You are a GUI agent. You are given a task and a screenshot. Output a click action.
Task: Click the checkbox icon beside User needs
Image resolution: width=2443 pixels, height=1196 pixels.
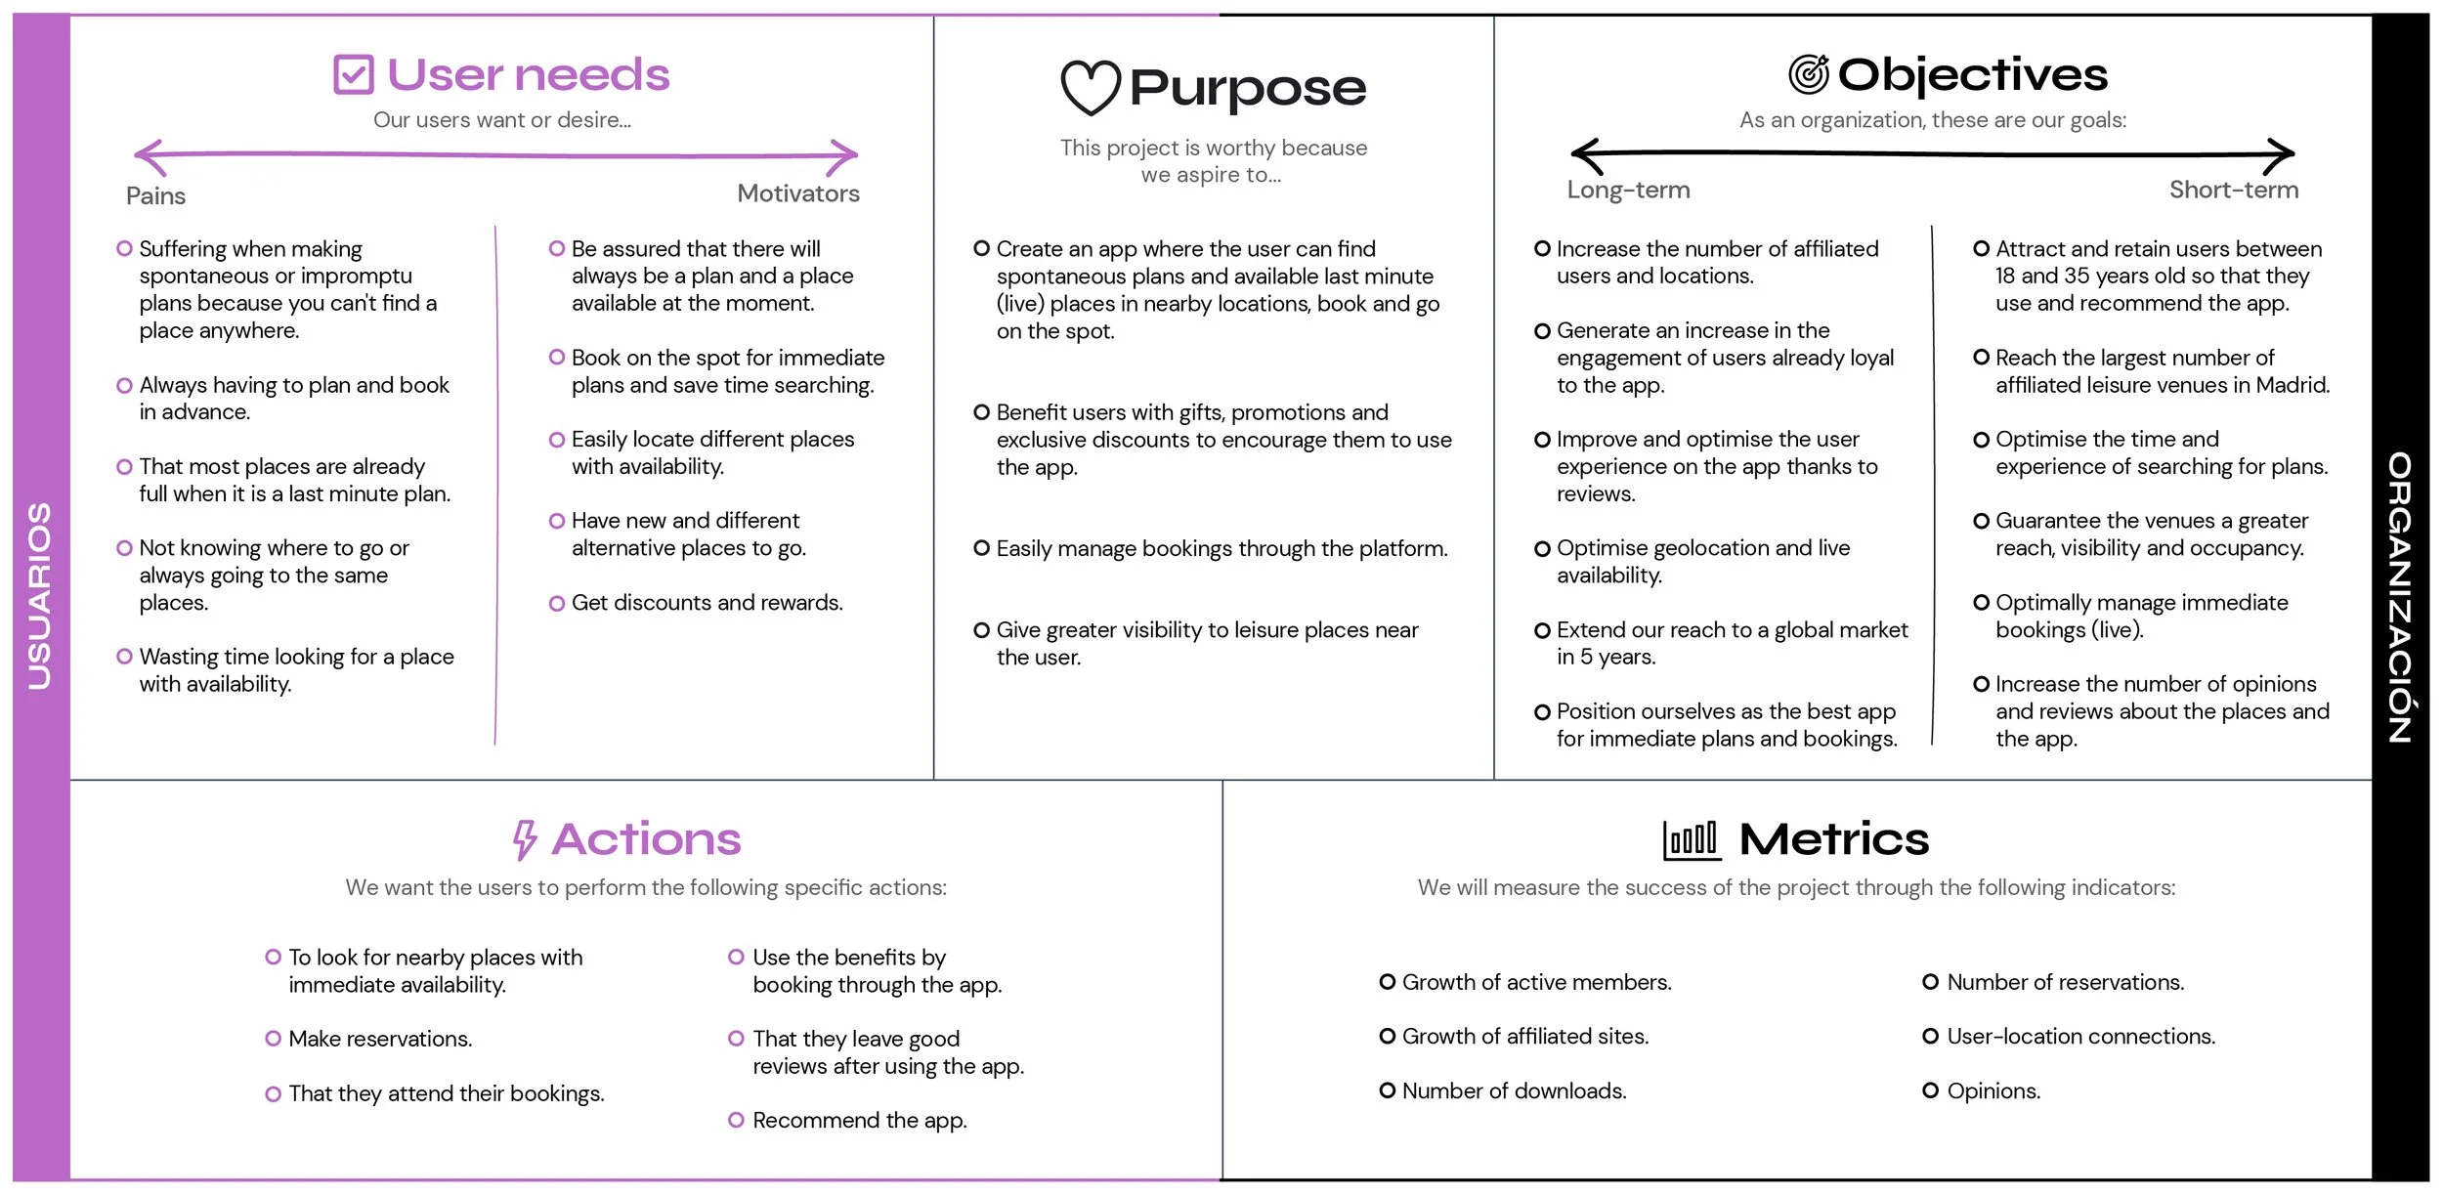353,74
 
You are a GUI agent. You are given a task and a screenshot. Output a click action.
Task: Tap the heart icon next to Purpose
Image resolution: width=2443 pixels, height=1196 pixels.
1090,87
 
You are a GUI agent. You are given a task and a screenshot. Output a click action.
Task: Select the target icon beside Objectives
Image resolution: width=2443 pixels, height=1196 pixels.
1808,74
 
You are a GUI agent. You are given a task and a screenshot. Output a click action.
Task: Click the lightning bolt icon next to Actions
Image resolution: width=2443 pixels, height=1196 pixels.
525,839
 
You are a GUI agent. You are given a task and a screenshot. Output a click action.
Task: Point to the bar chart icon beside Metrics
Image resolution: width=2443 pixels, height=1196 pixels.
1691,839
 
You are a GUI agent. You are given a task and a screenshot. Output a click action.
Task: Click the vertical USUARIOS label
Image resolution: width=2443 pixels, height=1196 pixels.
40,596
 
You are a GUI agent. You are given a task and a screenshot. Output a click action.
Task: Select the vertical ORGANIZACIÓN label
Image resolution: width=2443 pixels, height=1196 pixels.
2400,596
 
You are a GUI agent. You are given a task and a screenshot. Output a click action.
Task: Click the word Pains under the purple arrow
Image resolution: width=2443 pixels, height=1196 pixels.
155,196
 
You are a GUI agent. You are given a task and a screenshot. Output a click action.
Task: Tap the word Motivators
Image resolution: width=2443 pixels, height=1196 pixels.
797,193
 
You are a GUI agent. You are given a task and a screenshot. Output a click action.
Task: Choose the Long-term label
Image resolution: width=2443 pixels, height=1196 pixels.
1628,190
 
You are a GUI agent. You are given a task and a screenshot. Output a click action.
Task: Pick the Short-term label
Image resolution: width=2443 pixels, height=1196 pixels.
2233,190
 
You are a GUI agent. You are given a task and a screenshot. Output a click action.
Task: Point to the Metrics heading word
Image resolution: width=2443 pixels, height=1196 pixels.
1833,839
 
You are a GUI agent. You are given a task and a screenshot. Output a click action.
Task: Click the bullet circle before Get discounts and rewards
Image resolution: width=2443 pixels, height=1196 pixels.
557,604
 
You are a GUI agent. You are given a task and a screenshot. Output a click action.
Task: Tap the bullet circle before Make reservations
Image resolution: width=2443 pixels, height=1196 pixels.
274,1039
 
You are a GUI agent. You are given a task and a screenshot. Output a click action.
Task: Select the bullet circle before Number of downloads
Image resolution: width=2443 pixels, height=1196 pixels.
1388,1090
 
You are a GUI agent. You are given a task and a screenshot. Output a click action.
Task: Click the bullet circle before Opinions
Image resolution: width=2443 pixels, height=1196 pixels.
1930,1090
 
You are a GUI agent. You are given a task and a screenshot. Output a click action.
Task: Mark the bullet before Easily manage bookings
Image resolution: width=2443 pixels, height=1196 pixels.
982,548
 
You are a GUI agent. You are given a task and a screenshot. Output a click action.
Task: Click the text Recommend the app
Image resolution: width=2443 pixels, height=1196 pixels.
859,1120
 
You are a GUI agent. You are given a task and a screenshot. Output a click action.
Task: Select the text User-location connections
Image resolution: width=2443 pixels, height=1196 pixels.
2080,1036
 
